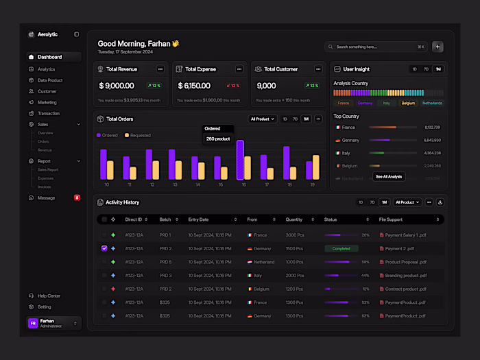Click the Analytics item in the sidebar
[46, 69]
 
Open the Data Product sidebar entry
[49, 80]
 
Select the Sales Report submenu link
[48, 169]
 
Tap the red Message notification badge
[77, 197]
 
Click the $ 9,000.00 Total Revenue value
[117, 86]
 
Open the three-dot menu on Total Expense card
[239, 69]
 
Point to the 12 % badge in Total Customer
[312, 86]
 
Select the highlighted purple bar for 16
[240, 160]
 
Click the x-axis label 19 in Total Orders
[312, 184]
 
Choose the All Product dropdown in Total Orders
[263, 119]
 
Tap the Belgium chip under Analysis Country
[408, 103]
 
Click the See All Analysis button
[389, 176]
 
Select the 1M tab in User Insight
[437, 69]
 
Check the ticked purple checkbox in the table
[104, 248]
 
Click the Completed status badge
[341, 248]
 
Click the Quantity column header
[294, 219]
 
